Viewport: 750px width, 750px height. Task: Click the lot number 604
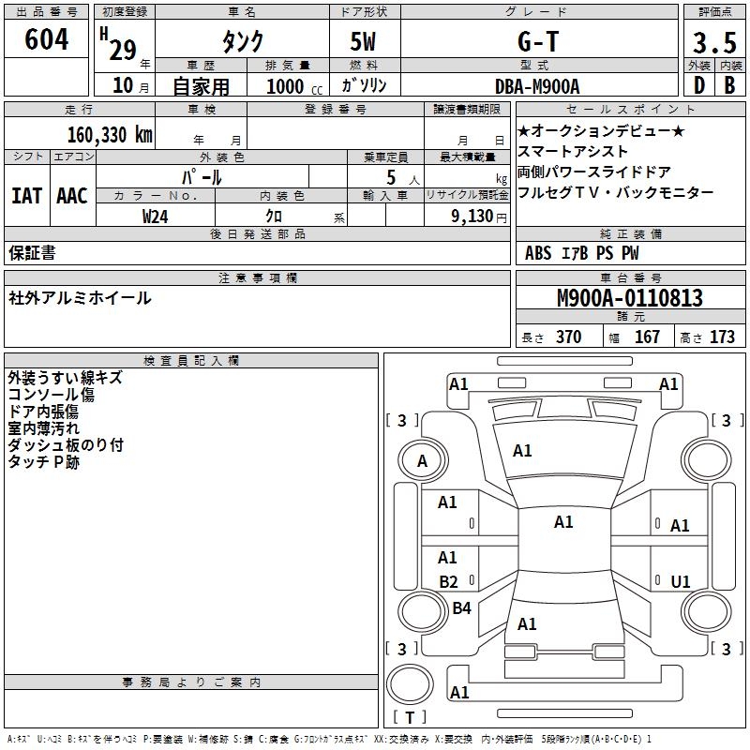pyautogui.click(x=46, y=40)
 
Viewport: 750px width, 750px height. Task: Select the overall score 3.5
pyautogui.click(x=713, y=43)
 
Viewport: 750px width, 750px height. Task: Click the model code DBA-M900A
pyautogui.click(x=537, y=86)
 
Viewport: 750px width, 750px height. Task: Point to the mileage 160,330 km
pyautogui.click(x=110, y=134)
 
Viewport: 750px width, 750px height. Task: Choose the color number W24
pyautogui.click(x=155, y=216)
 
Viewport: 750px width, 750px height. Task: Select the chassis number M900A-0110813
pyautogui.click(x=630, y=298)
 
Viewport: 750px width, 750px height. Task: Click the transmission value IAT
pyautogui.click(x=26, y=196)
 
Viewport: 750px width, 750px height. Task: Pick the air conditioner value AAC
pyautogui.click(x=72, y=196)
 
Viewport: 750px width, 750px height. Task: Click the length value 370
pyautogui.click(x=568, y=337)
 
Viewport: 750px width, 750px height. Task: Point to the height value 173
pyautogui.click(x=722, y=337)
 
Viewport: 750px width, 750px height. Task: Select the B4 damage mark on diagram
pyautogui.click(x=461, y=608)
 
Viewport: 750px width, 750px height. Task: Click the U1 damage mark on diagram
pyautogui.click(x=680, y=582)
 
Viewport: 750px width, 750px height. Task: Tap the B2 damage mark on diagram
pyautogui.click(x=448, y=582)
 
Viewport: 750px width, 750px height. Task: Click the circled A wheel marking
pyautogui.click(x=422, y=461)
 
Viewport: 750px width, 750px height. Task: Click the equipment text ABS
pyautogui.click(x=538, y=253)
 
